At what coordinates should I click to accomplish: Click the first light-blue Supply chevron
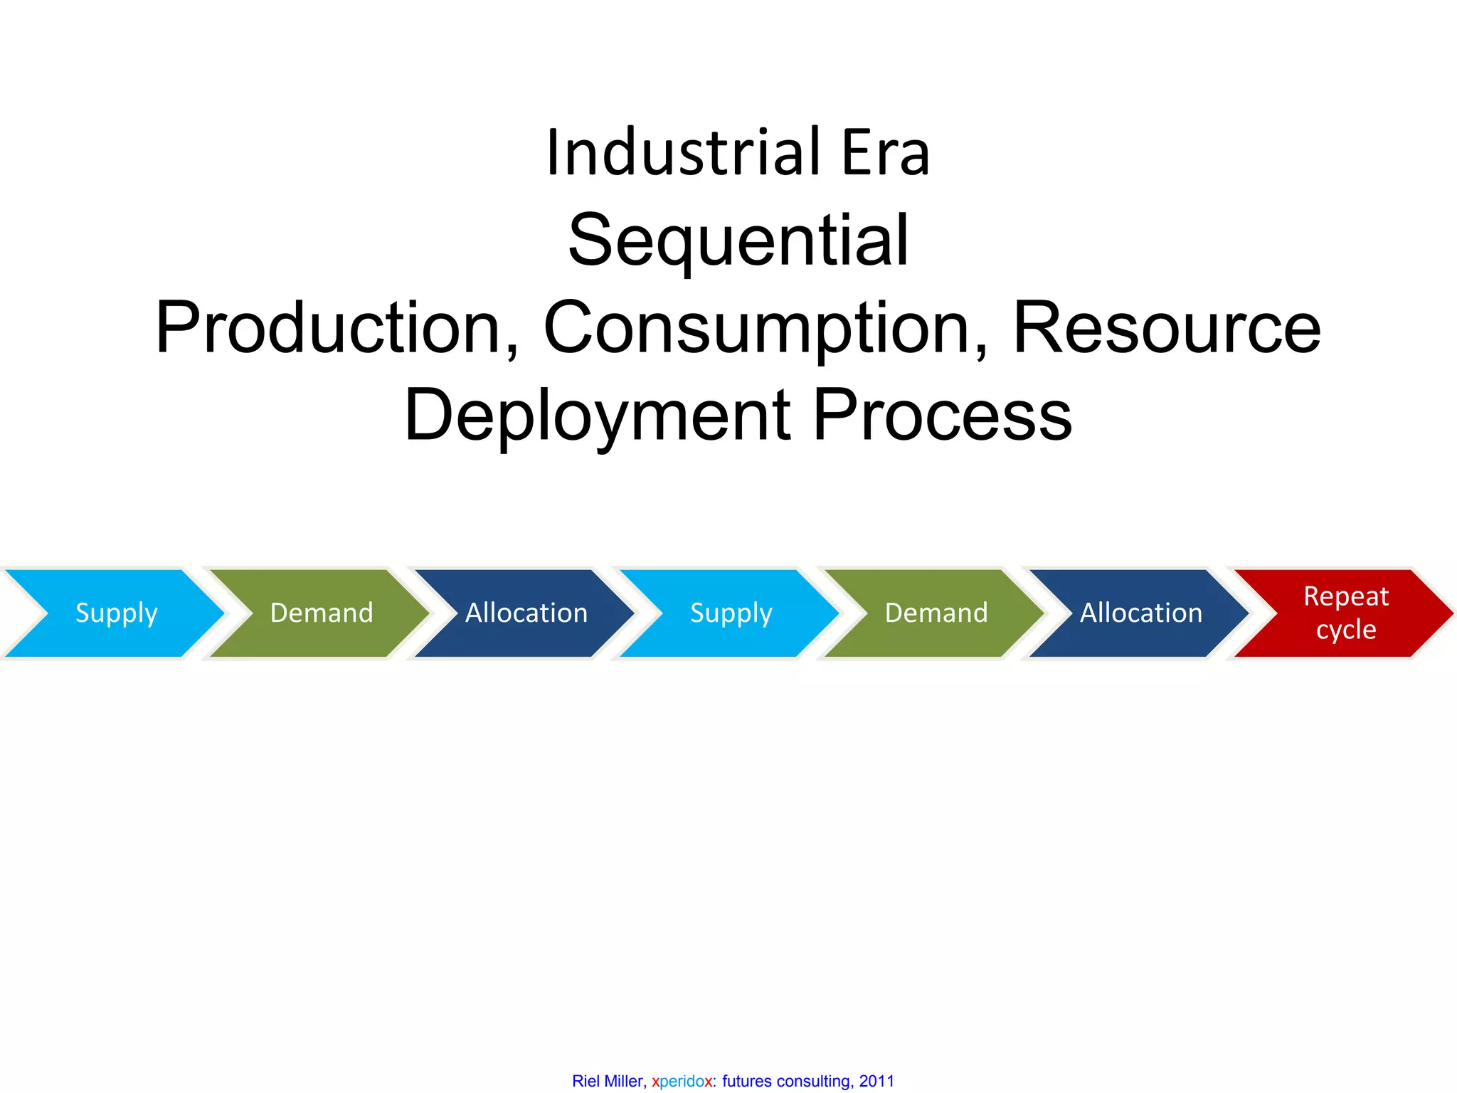(x=116, y=613)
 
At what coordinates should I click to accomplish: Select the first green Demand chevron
(x=322, y=613)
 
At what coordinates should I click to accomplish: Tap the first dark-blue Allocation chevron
(x=526, y=613)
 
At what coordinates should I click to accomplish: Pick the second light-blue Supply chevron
(x=731, y=613)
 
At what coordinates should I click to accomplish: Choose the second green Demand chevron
(x=936, y=613)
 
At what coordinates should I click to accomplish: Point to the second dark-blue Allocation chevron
(x=1141, y=613)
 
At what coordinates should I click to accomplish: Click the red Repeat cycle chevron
(x=1346, y=613)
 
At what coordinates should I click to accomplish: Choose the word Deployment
(x=598, y=416)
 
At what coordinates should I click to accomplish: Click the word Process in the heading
(x=942, y=416)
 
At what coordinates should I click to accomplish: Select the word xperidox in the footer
(x=682, y=1081)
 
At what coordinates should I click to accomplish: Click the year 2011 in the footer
(x=876, y=1081)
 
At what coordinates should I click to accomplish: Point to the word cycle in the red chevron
(x=1346, y=630)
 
